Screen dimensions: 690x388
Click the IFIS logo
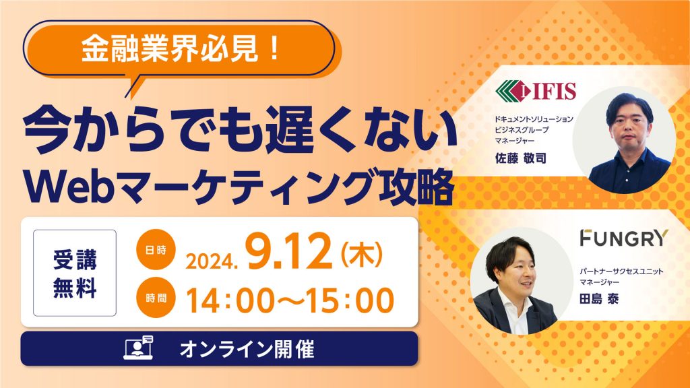pyautogui.click(x=536, y=91)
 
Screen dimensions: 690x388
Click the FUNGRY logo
pyautogui.click(x=623, y=238)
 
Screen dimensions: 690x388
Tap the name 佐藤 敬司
pyautogui.click(x=521, y=158)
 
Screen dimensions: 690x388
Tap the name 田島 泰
pyautogui.click(x=599, y=299)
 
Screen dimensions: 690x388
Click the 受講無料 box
pyautogui.click(x=75, y=273)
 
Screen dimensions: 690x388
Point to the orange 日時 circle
pyautogui.click(x=156, y=250)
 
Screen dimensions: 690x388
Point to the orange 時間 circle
pyautogui.click(x=156, y=298)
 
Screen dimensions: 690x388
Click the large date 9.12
pyautogui.click(x=290, y=252)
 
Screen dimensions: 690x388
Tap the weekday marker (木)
pyautogui.click(x=362, y=255)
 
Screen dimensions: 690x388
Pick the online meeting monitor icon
pyautogui.click(x=138, y=348)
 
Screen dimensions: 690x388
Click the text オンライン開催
pyautogui.click(x=247, y=350)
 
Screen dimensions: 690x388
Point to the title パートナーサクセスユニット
pyautogui.click(x=621, y=271)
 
